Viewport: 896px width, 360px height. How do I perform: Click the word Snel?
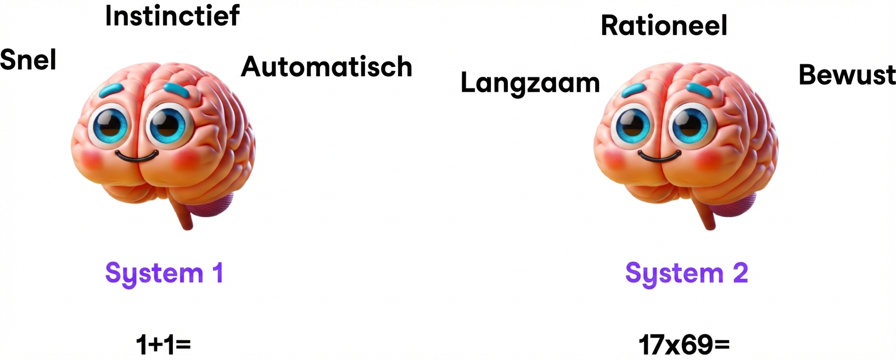click(28, 59)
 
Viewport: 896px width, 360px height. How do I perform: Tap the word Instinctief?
click(172, 15)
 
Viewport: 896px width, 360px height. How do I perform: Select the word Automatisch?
click(327, 67)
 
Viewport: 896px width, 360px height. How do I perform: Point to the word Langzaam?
click(530, 83)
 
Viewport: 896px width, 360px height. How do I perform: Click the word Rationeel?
click(664, 26)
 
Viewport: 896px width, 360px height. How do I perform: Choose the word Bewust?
click(847, 75)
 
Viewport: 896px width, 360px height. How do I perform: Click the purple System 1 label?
click(164, 273)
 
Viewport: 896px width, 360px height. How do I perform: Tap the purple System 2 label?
click(686, 273)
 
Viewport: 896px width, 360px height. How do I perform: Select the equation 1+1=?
click(163, 345)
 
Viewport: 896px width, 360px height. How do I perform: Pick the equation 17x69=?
click(684, 345)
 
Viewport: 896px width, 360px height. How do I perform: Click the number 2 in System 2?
click(740, 273)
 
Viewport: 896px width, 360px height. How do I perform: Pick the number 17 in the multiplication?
click(652, 345)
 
